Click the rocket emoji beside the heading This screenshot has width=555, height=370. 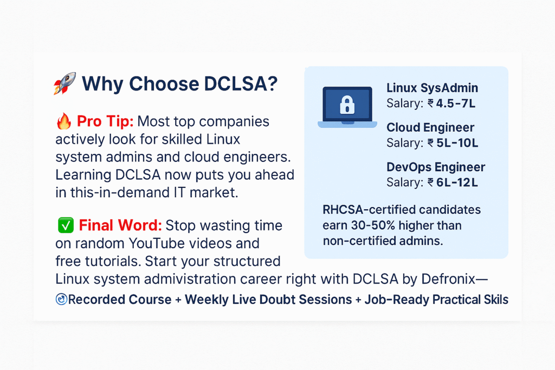(x=64, y=83)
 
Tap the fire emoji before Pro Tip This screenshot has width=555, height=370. (x=64, y=121)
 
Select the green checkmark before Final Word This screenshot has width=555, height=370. (x=66, y=225)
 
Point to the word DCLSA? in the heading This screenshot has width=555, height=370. (x=241, y=84)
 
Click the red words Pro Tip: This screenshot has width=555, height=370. (x=105, y=121)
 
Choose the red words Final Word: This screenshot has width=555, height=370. (x=120, y=225)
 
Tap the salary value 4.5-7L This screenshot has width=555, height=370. (x=455, y=103)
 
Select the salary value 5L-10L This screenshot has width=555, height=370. (x=457, y=143)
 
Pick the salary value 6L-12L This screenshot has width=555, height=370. (x=457, y=183)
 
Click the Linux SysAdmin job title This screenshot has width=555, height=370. (x=432, y=88)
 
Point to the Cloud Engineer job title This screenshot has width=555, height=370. (x=430, y=127)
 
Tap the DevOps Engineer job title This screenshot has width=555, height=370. (x=436, y=167)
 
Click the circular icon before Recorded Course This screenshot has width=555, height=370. (x=61, y=299)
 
